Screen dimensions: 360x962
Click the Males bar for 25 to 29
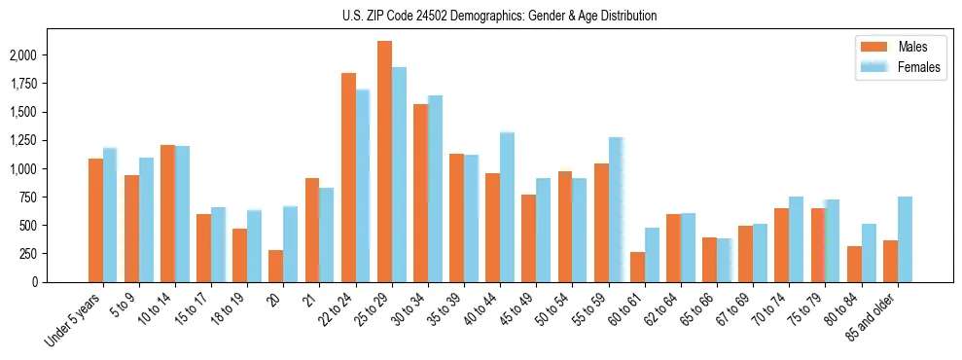click(x=384, y=162)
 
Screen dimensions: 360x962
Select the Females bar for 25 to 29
click(x=399, y=175)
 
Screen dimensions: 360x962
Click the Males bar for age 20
click(x=276, y=266)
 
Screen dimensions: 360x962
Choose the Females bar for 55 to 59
click(x=616, y=209)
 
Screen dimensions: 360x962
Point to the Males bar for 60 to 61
click(x=637, y=267)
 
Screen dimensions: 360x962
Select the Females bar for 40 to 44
click(x=508, y=207)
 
